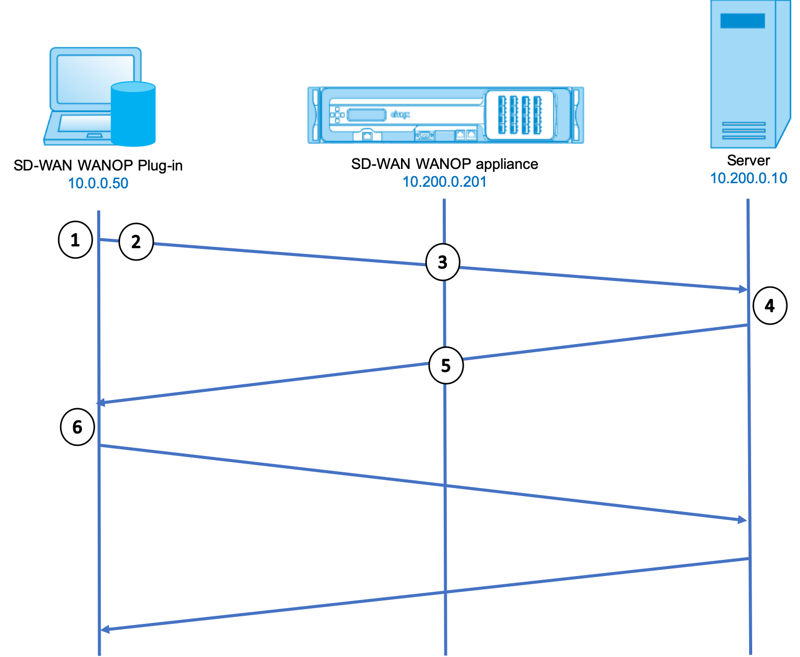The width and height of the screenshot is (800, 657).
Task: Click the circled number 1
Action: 75,240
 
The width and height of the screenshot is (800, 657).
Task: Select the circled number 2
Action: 136,242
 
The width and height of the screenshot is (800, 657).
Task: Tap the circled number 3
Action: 443,262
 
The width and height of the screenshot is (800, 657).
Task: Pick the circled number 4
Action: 769,305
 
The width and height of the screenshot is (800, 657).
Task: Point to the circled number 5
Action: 446,365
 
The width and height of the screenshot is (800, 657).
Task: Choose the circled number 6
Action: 77,427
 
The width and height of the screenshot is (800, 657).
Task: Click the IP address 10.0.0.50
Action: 98,183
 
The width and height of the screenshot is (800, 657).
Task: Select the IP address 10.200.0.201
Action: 444,182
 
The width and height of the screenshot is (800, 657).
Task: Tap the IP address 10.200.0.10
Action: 749,178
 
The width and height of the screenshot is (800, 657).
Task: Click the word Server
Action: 748,160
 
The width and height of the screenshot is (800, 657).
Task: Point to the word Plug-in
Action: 160,166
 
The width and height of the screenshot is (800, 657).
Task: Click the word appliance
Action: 507,164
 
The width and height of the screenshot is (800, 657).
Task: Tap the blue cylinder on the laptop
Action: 133,114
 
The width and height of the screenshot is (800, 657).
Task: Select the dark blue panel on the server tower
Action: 742,21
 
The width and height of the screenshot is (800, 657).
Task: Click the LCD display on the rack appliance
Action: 366,115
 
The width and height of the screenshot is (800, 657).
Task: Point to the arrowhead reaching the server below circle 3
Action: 742,289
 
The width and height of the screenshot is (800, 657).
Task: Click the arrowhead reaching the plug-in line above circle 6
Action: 101,403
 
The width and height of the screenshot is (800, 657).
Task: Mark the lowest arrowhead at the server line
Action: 742,520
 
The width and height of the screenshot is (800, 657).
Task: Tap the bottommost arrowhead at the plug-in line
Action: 105,630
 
